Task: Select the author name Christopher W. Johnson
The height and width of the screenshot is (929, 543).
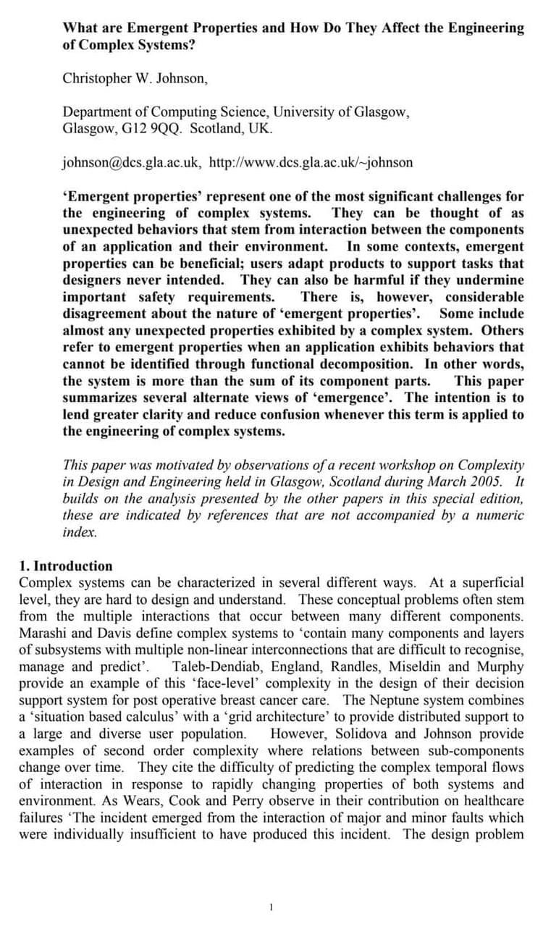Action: [135, 78]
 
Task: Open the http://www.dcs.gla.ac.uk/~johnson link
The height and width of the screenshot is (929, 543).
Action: [311, 161]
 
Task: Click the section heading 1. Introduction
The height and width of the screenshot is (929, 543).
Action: [66, 566]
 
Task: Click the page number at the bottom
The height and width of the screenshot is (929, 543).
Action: [271, 907]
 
